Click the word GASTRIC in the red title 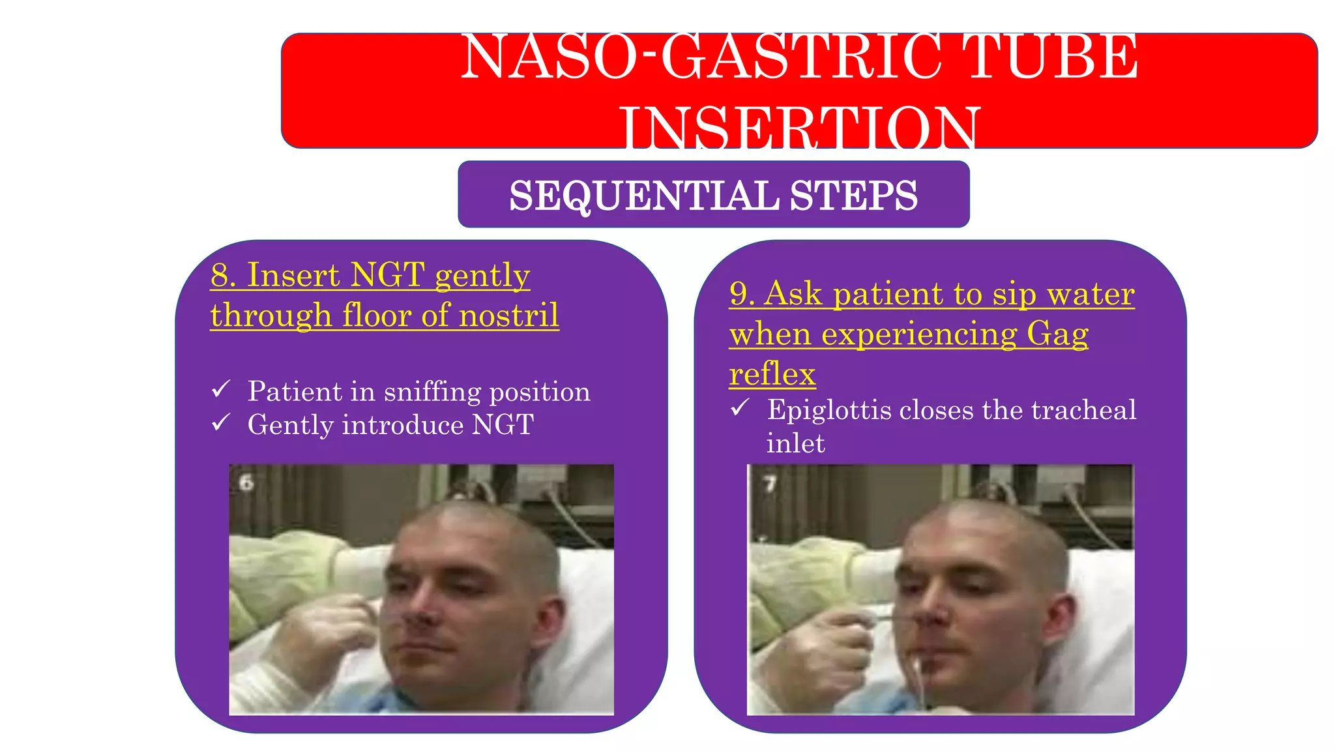tap(802, 57)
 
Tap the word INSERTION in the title tap(799, 128)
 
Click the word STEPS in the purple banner tap(853, 196)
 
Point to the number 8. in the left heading tap(223, 275)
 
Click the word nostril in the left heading tap(508, 316)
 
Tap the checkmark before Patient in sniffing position tap(221, 389)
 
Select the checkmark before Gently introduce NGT tap(221, 422)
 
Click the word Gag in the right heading tap(1057, 334)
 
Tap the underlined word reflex tap(772, 374)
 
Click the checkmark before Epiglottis tap(740, 408)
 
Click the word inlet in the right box tap(795, 443)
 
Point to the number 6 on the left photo tap(246, 483)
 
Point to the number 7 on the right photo tap(770, 484)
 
